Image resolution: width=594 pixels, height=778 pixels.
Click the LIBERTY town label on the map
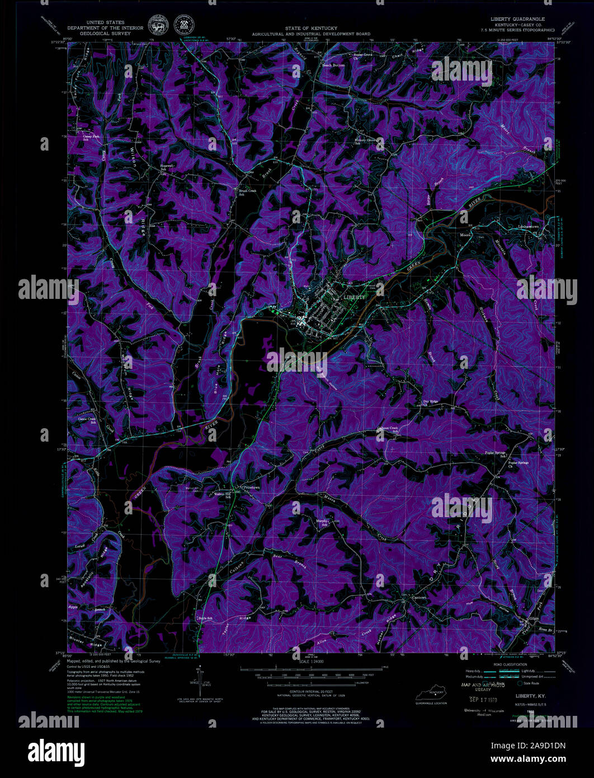tap(353, 297)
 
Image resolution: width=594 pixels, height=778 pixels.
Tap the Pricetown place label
tap(252, 488)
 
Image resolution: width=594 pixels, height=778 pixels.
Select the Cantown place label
tap(419, 598)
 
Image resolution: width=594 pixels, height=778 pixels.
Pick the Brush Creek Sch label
tap(247, 193)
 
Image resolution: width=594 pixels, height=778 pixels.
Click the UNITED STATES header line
tap(105, 20)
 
